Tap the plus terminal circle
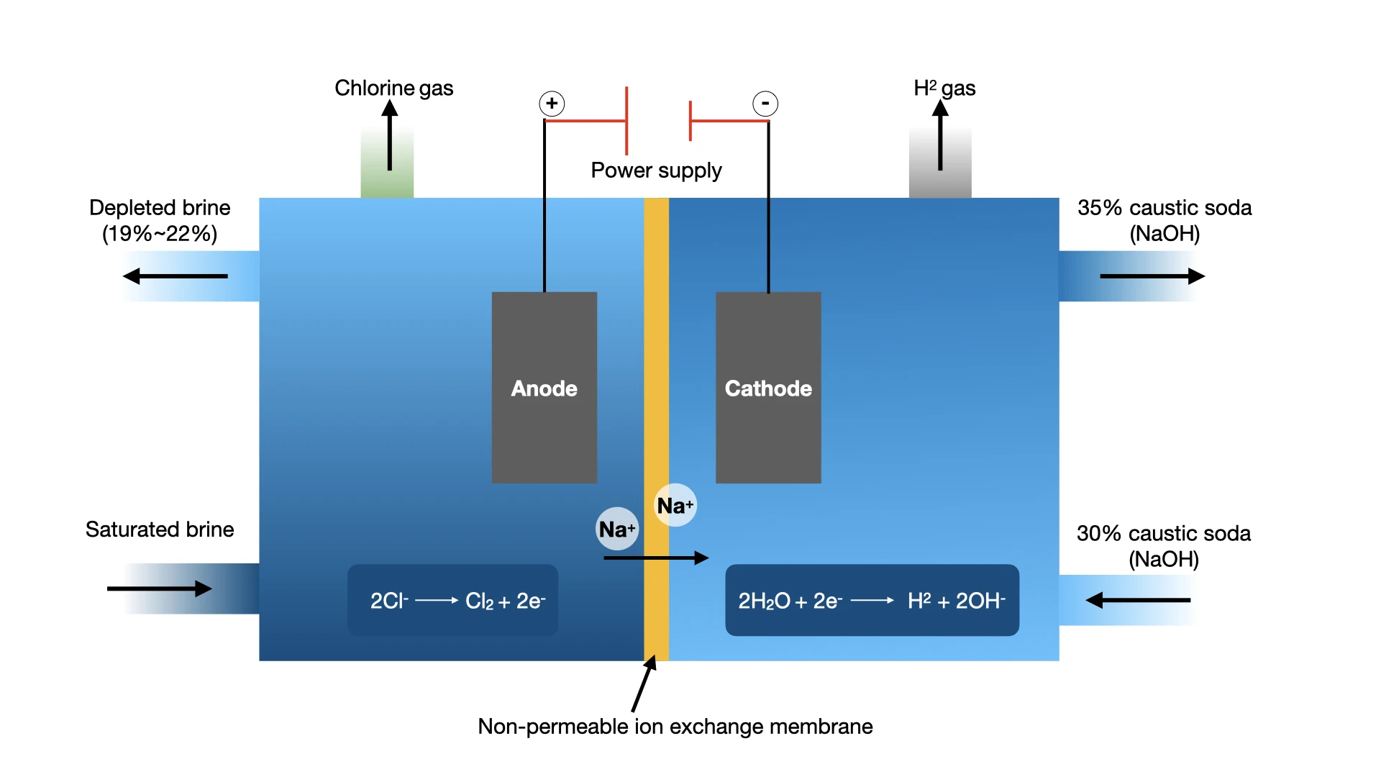point(552,104)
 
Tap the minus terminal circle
point(765,104)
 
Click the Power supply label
point(656,171)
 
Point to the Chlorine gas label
point(393,88)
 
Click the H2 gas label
point(944,88)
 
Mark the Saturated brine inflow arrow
point(159,589)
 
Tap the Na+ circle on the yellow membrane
point(675,505)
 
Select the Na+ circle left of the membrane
point(617,529)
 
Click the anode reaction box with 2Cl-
point(453,600)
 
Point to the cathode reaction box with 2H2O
point(872,600)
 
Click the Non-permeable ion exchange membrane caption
point(675,727)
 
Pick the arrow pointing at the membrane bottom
point(643,684)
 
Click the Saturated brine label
point(160,530)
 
